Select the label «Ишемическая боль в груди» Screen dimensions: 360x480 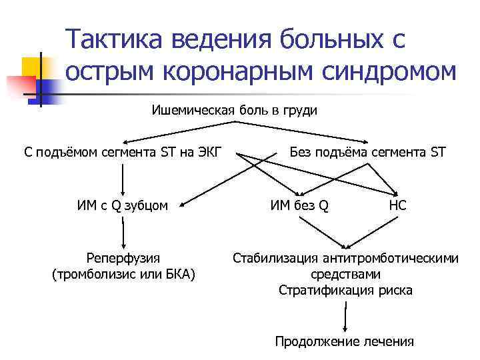(234, 110)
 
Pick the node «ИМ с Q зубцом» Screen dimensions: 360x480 (122, 205)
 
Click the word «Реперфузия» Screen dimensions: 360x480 (123, 258)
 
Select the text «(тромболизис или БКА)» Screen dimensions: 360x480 (123, 274)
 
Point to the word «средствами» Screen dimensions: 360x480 (345, 274)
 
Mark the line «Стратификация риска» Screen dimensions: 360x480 (345, 290)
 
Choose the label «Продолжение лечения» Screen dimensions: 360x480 (345, 342)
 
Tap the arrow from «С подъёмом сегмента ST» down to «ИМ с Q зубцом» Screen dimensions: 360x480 (123, 179)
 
